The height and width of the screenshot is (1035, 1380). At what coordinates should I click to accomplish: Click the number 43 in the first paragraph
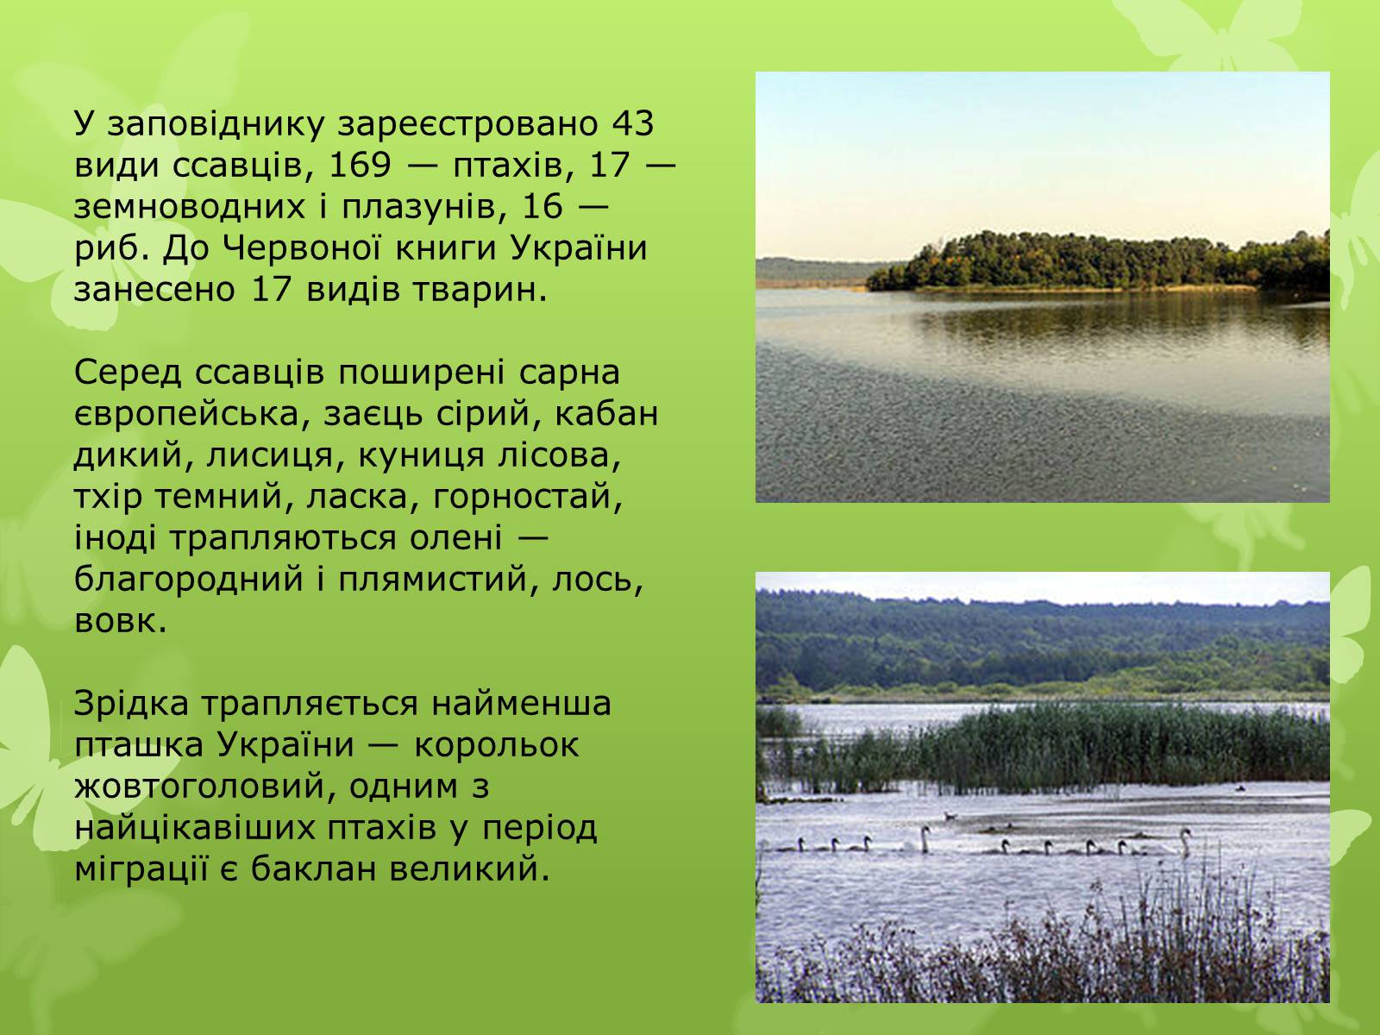(x=632, y=124)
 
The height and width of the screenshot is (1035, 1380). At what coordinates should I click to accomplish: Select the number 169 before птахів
(x=361, y=166)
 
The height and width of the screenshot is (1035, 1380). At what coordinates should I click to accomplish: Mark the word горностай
(x=528, y=497)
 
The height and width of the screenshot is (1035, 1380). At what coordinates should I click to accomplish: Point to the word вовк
(x=121, y=621)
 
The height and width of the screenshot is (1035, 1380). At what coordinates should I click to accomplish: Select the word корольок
(x=496, y=745)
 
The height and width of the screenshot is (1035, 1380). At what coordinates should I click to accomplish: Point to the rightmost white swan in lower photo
(x=1184, y=843)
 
